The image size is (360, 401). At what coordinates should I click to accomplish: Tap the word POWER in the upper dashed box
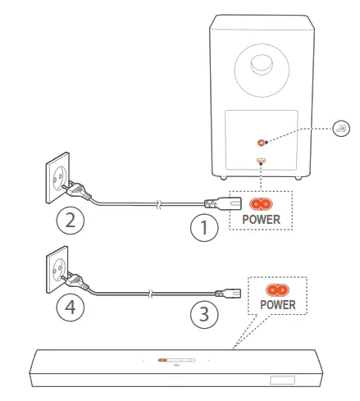coord(261,220)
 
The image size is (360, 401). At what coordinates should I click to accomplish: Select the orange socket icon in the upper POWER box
coord(261,203)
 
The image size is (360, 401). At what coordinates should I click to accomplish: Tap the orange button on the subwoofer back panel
coord(262,141)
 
